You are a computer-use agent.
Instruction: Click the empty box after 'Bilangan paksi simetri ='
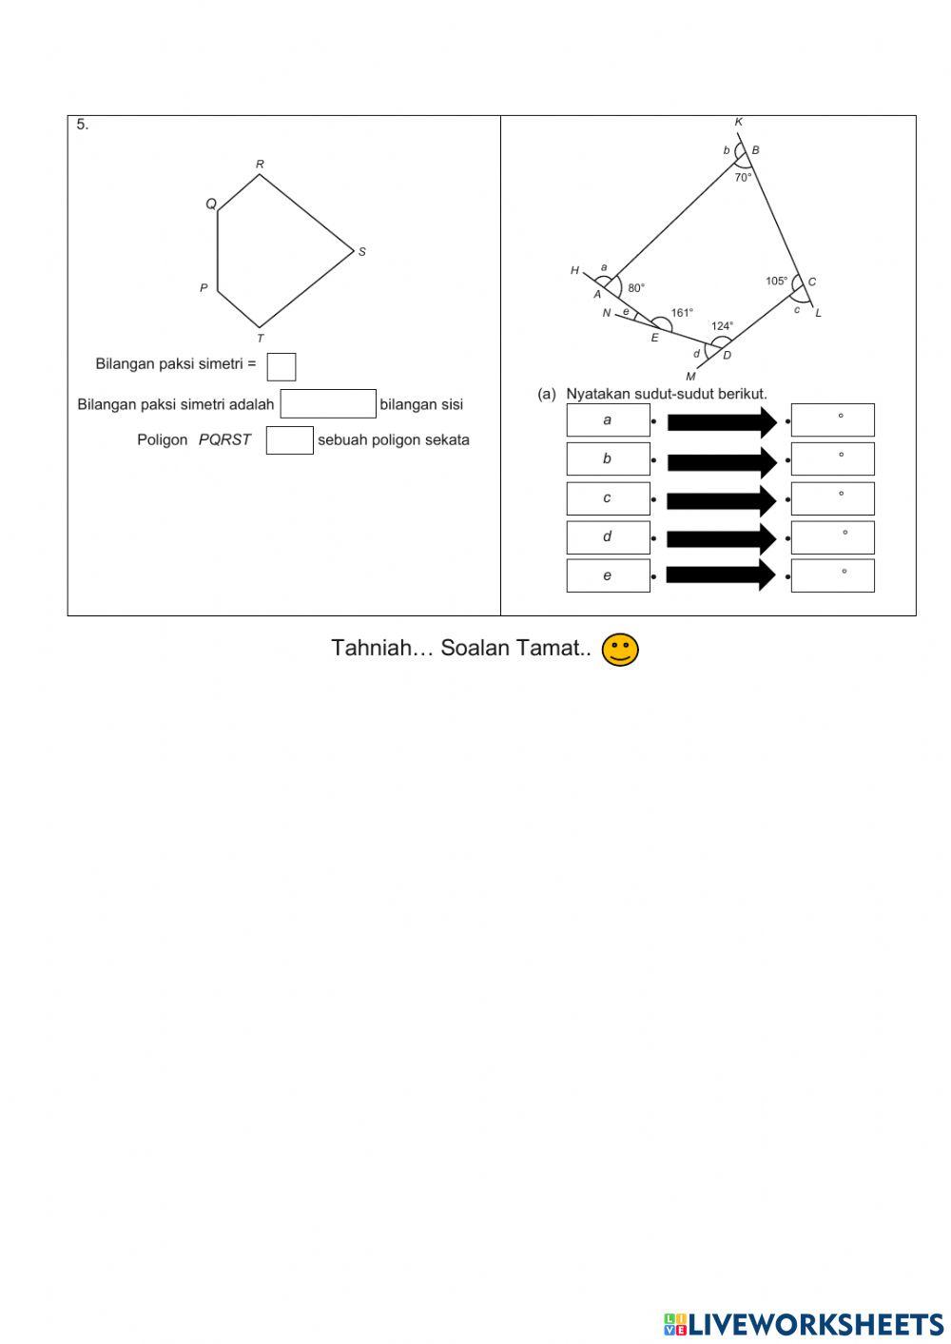(x=281, y=366)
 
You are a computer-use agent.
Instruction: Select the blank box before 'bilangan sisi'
(x=328, y=404)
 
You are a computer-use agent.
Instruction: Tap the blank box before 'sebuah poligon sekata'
(x=289, y=440)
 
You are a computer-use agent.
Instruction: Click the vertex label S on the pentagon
(x=362, y=252)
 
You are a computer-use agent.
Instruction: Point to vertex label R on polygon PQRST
(x=260, y=165)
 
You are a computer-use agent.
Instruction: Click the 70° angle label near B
(x=743, y=177)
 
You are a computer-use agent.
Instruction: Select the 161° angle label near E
(x=682, y=313)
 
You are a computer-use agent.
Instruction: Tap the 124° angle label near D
(x=722, y=326)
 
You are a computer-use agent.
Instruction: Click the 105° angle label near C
(x=776, y=282)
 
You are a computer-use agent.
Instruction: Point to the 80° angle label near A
(x=636, y=287)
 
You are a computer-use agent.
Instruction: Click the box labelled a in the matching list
(x=608, y=420)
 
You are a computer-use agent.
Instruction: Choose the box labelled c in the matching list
(x=608, y=498)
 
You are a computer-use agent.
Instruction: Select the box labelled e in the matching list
(x=608, y=575)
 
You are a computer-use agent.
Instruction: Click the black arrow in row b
(x=721, y=462)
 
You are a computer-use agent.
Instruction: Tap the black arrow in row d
(x=721, y=539)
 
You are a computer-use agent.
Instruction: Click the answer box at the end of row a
(x=832, y=420)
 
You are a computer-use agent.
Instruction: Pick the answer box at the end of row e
(x=832, y=575)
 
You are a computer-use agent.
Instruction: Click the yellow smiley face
(x=620, y=650)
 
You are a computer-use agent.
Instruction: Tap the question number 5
(x=82, y=125)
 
